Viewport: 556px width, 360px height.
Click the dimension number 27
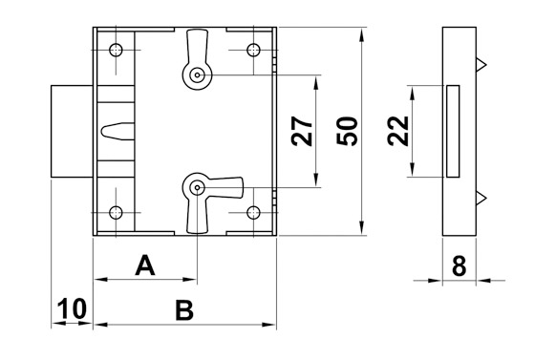coord(302,130)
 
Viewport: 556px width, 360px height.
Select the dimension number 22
coord(399,131)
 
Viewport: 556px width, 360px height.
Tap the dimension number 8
coord(459,265)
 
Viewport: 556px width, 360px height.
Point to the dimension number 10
coord(72,309)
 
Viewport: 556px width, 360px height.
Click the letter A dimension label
coord(144,265)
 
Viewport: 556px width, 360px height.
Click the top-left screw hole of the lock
coord(116,50)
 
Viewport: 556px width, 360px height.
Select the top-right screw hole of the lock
coord(253,50)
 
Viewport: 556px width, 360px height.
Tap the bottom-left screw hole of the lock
coord(116,213)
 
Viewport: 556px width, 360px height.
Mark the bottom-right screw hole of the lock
coord(253,213)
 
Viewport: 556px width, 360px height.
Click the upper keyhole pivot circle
coord(195,74)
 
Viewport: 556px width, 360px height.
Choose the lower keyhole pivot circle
coord(195,187)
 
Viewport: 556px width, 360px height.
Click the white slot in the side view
coord(453,131)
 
